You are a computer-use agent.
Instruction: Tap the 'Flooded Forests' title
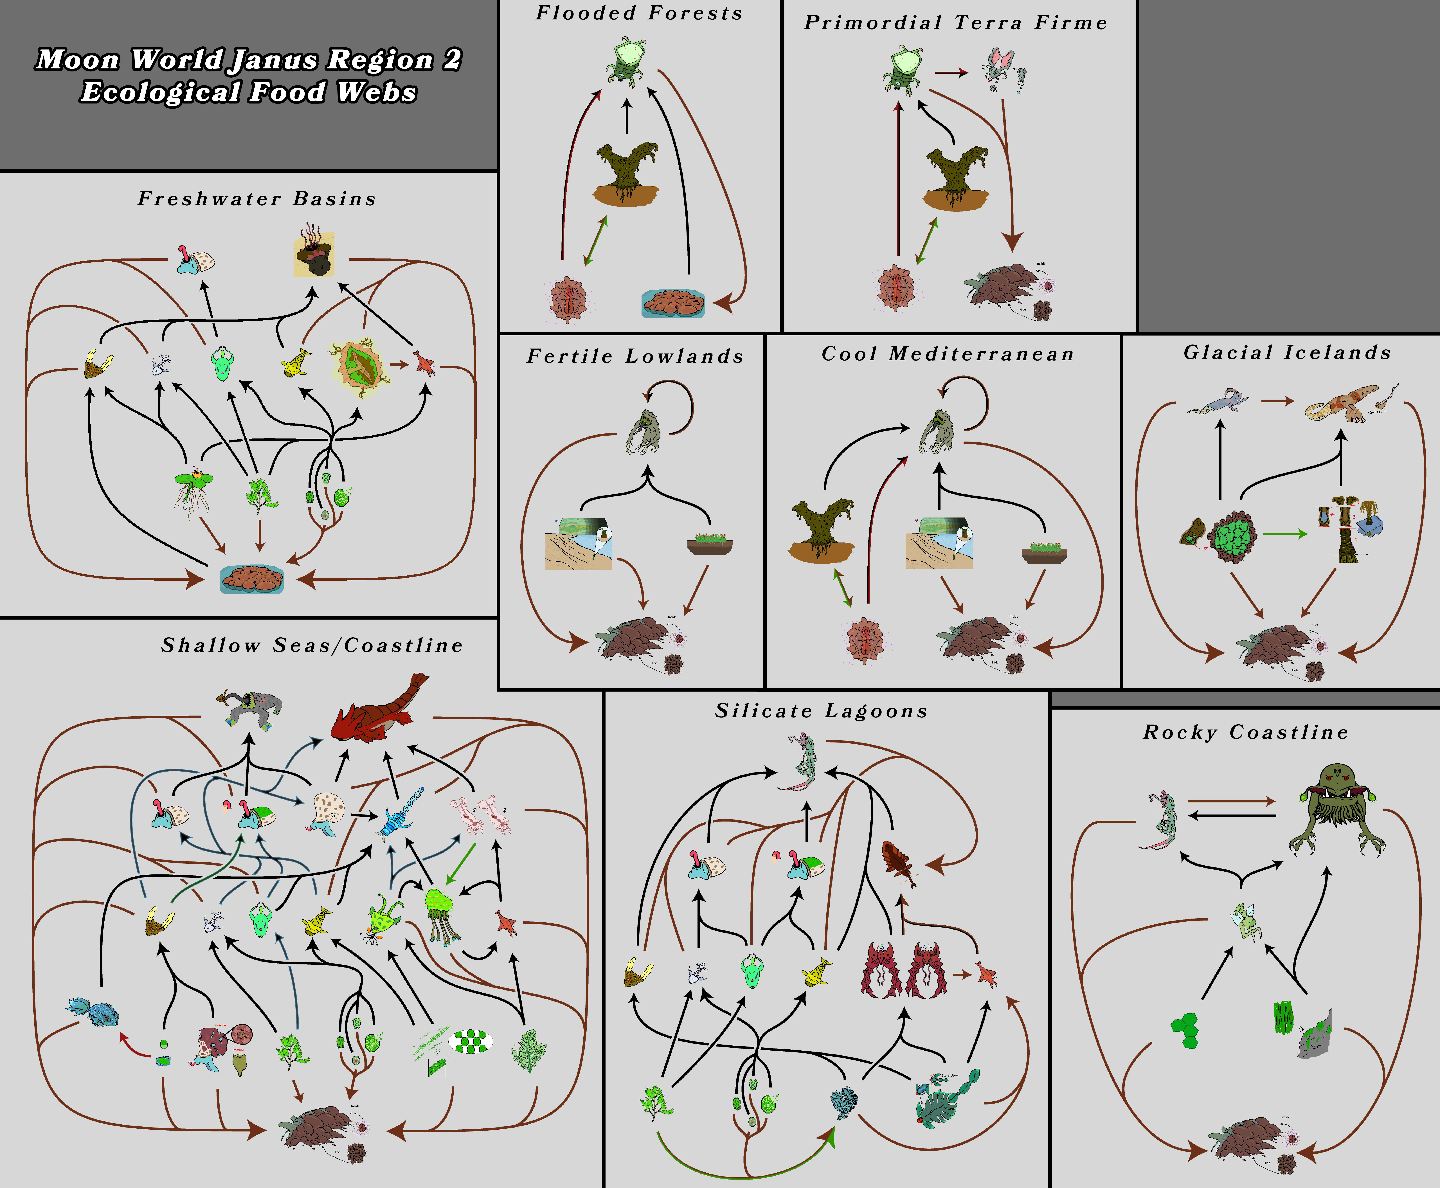[639, 13]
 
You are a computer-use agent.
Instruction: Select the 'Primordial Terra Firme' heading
[955, 22]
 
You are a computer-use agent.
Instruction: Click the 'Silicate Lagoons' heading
[821, 711]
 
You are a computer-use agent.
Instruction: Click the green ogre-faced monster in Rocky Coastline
[1338, 807]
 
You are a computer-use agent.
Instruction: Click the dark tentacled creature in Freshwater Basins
[315, 252]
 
